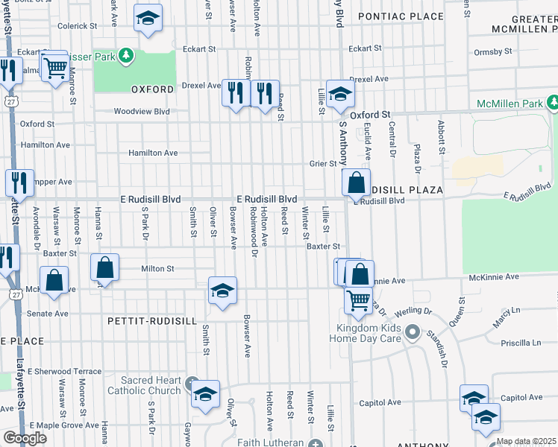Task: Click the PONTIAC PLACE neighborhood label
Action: (400, 16)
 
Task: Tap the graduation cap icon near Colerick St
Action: (148, 18)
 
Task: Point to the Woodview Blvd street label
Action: (141, 112)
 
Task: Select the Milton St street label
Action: (157, 269)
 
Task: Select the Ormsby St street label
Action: (493, 52)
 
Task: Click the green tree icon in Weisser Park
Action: (126, 55)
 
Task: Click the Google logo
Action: (25, 438)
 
